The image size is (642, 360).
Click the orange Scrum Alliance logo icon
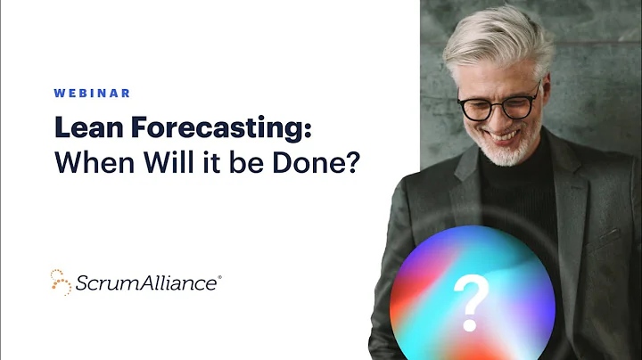coord(61,282)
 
